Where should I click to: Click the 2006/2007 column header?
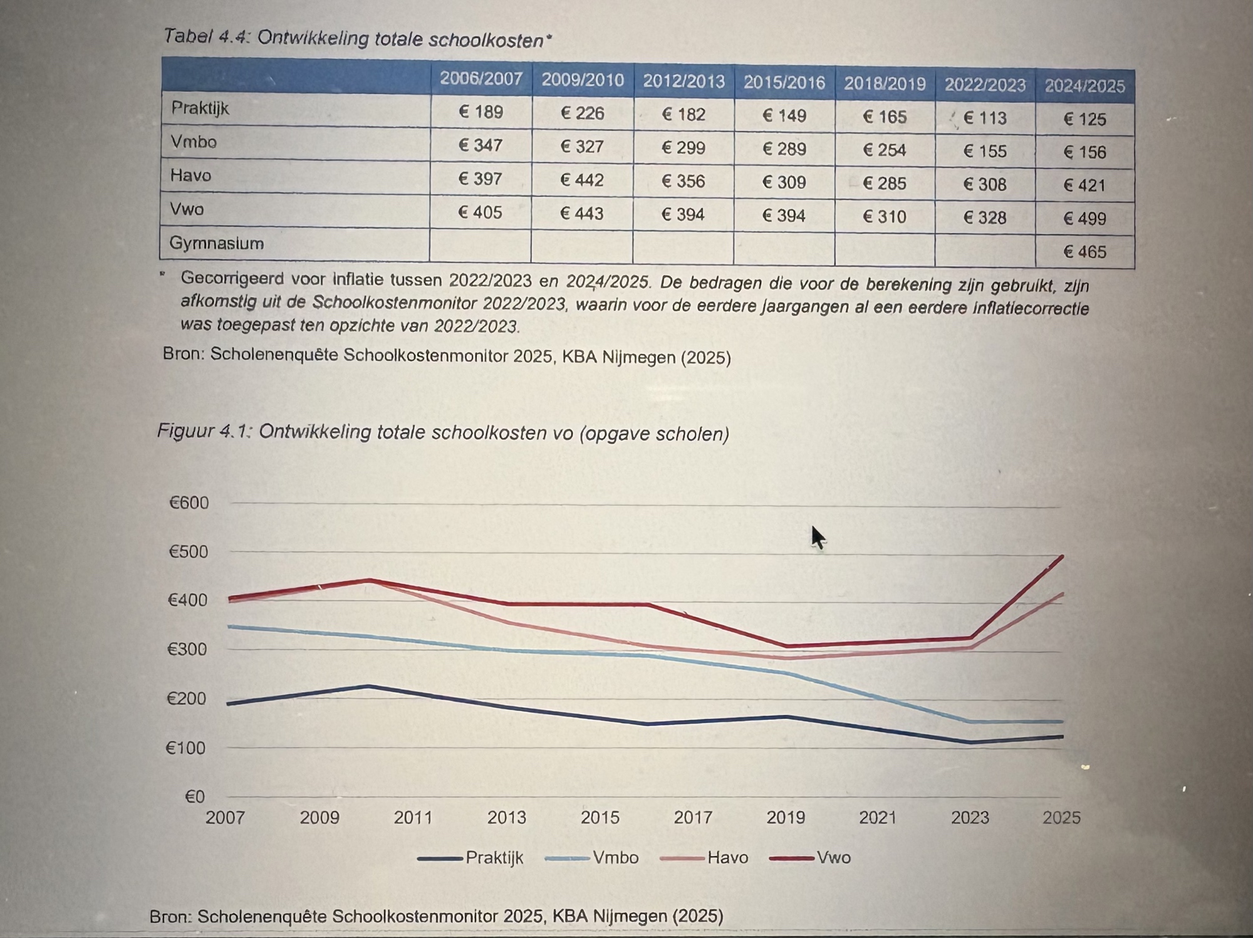click(481, 78)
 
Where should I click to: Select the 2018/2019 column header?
click(884, 83)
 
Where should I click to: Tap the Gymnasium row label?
click(216, 243)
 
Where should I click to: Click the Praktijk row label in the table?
click(200, 108)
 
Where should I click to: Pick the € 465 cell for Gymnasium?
click(1084, 252)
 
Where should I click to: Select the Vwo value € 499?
click(1084, 219)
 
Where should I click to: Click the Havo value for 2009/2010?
click(581, 180)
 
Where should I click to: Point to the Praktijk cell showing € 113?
click(984, 118)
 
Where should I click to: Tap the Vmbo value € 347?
click(480, 145)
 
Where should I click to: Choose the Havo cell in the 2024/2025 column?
click(1084, 185)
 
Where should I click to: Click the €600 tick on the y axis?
click(189, 503)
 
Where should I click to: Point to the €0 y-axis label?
click(194, 796)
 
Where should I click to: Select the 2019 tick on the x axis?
click(786, 818)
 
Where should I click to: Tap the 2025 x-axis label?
click(1061, 818)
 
